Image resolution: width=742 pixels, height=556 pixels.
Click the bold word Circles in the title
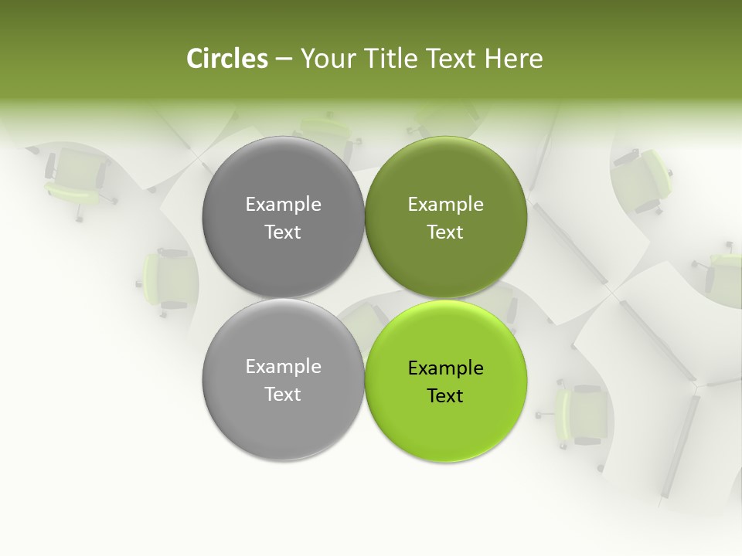(227, 59)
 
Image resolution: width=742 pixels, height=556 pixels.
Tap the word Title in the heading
(394, 59)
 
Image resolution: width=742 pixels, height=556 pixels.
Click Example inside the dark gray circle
(283, 204)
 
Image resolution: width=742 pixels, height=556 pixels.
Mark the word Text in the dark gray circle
(283, 232)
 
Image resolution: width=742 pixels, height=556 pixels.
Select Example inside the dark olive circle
(445, 204)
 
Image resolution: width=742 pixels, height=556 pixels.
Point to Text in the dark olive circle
(445, 232)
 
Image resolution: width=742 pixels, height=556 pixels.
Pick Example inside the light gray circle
(283, 366)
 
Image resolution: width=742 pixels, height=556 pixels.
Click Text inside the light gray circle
(283, 394)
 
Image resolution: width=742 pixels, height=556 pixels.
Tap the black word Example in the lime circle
(445, 368)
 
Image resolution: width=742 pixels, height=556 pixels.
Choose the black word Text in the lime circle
(445, 395)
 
